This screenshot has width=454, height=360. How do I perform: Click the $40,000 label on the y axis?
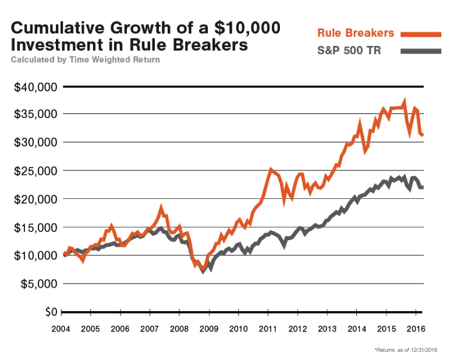pos(36,87)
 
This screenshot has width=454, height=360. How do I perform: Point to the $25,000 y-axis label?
pos(36,171)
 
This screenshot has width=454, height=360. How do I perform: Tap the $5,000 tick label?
pos(38,284)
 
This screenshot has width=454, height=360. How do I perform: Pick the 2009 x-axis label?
pos(208,329)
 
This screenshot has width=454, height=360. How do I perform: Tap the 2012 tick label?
pos(297,329)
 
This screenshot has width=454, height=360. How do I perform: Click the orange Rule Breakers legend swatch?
pos(421,33)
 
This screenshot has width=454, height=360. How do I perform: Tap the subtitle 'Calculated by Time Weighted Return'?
pos(85,59)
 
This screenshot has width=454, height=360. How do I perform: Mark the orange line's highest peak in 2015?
pos(405,101)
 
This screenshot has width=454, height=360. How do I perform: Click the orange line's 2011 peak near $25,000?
pos(271,169)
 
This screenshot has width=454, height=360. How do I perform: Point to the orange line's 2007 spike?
pos(161,207)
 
